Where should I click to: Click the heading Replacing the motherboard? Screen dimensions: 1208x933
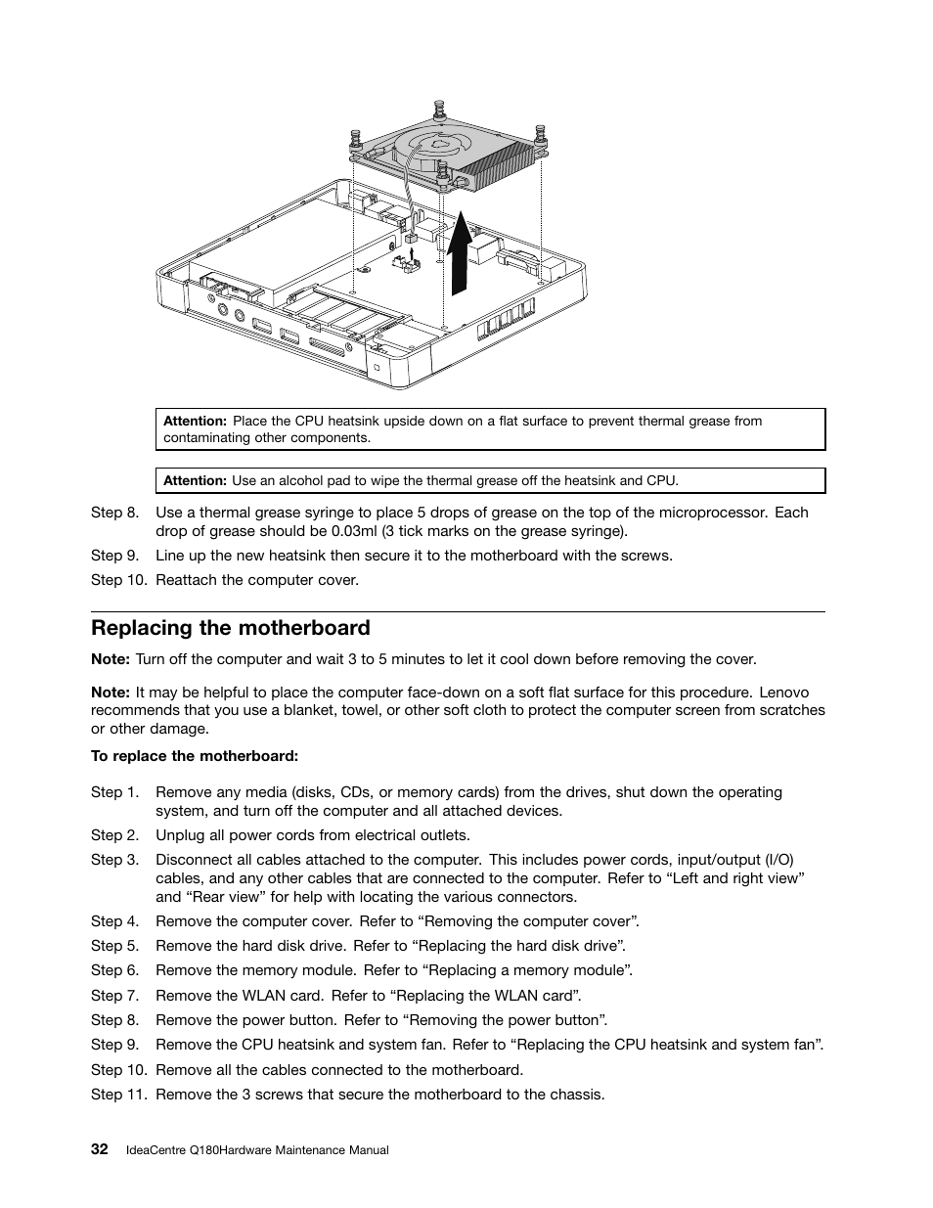pos(231,628)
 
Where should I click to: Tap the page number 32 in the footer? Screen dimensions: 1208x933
pos(99,1149)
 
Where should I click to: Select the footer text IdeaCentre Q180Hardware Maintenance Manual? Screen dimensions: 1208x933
pos(257,1150)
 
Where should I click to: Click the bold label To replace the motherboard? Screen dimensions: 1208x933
pos(195,756)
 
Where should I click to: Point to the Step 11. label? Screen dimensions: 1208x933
pos(118,1095)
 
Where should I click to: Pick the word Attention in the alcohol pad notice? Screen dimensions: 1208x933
pos(195,480)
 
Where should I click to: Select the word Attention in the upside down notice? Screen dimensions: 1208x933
pos(195,421)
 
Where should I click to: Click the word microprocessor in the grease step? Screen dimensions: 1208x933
pos(712,513)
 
